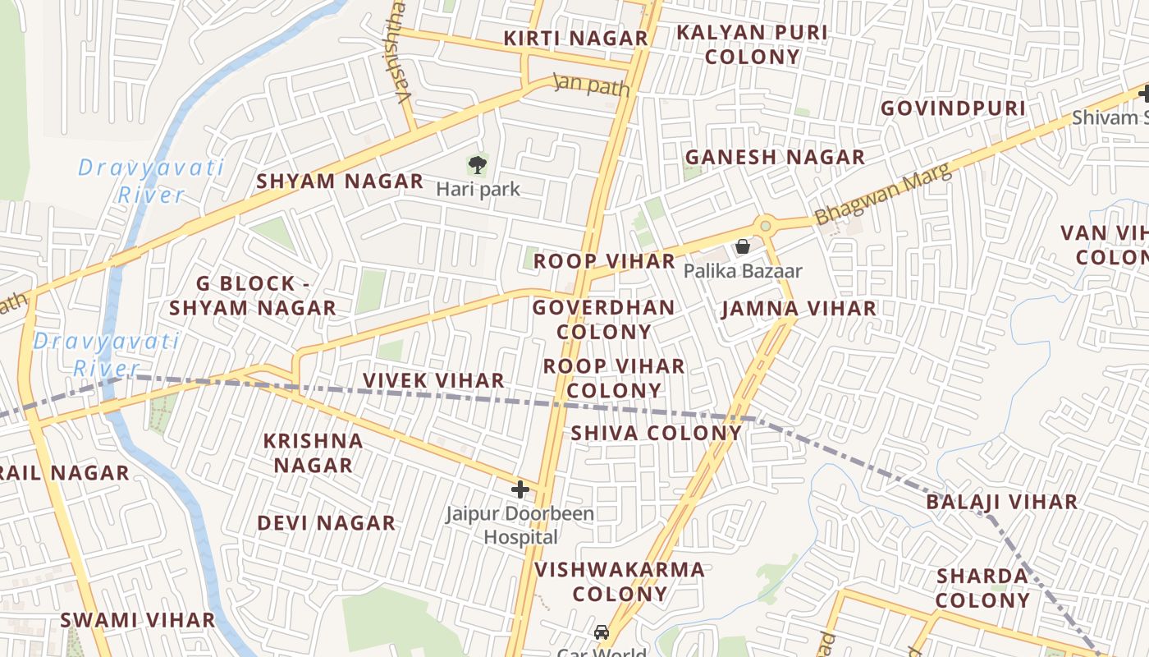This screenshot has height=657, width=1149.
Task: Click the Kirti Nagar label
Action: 575,39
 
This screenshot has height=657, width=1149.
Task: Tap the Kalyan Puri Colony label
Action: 752,44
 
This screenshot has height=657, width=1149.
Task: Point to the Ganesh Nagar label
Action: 775,157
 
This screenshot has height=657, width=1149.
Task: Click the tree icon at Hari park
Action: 477,165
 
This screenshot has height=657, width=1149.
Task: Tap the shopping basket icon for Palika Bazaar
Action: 743,246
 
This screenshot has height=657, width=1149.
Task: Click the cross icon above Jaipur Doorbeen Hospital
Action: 520,489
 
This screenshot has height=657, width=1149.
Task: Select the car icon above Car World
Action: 602,632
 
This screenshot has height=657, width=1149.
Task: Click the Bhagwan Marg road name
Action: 883,194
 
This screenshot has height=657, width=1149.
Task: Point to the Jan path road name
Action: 591,85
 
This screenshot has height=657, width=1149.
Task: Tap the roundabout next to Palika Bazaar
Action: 766,225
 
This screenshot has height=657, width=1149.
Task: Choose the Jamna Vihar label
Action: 799,309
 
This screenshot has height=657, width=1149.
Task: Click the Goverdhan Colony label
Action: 604,319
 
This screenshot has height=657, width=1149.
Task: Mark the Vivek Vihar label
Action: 433,380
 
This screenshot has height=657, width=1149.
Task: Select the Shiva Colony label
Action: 656,433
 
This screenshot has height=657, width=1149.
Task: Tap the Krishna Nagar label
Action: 313,453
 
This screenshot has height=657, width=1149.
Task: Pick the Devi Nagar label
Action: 326,523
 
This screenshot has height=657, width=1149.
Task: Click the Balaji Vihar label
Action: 1002,502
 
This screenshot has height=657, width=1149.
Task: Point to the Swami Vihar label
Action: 137,620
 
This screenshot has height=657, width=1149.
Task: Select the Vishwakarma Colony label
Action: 620,581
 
